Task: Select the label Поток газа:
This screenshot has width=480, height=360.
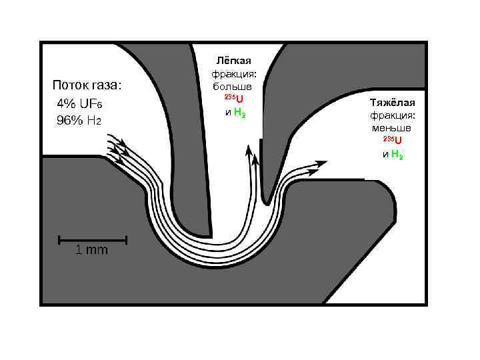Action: (87, 85)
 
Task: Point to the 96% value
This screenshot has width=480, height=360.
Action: (71, 121)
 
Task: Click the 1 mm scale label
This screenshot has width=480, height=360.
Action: (91, 251)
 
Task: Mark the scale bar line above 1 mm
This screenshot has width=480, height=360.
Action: (93, 238)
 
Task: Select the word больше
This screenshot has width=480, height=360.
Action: (232, 87)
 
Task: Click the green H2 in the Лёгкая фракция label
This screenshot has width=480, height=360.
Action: (240, 113)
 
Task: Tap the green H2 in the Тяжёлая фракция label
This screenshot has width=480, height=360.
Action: (397, 155)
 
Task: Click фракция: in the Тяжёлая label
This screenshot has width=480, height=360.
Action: (393, 115)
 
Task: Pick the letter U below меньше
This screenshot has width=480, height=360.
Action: (398, 141)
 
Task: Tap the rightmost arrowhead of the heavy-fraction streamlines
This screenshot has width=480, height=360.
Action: (323, 163)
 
